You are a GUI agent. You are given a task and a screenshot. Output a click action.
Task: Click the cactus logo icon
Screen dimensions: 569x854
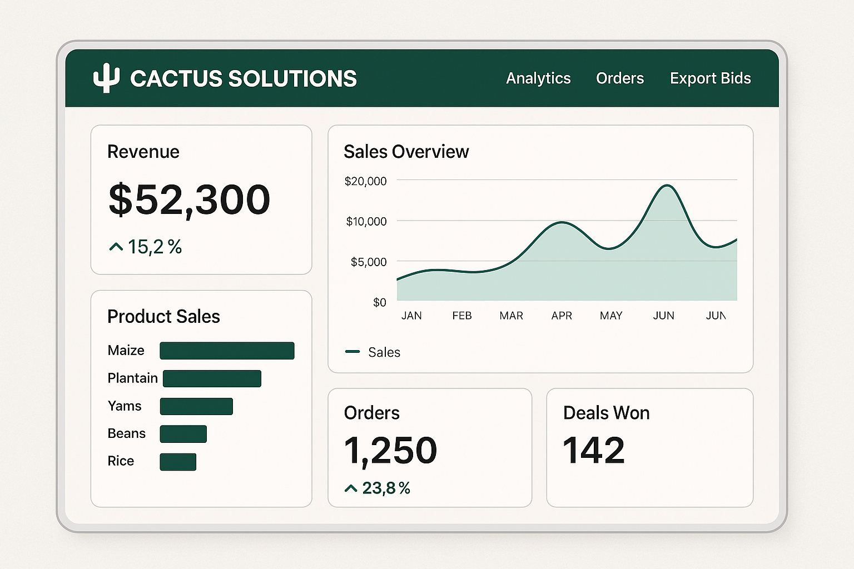click(106, 78)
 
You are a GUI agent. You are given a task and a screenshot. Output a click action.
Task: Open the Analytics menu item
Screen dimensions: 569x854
click(538, 78)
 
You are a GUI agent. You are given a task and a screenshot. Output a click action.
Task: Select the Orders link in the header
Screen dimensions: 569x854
click(619, 78)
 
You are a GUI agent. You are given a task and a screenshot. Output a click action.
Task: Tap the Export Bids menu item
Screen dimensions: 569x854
click(710, 78)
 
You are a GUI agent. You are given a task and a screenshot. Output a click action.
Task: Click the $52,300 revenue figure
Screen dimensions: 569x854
click(189, 199)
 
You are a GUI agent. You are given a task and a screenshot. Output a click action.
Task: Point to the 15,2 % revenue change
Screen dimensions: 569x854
click(146, 247)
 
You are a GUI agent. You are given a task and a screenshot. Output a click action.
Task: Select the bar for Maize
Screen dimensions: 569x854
click(227, 351)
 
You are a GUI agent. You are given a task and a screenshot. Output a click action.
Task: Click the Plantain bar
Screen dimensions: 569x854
click(212, 378)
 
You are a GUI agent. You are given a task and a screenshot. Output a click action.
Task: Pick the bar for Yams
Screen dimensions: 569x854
click(196, 406)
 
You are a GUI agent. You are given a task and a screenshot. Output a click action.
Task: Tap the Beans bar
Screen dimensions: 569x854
click(183, 434)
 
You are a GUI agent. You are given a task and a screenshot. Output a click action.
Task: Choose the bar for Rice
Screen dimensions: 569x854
click(178, 462)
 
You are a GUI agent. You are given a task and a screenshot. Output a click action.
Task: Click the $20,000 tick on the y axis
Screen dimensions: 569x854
click(365, 181)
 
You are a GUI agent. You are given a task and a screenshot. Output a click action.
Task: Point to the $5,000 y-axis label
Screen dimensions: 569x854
click(368, 262)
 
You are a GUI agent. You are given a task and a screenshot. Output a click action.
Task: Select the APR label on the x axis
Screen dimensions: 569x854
click(562, 316)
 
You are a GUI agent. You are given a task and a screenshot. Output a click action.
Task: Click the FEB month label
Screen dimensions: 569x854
click(461, 316)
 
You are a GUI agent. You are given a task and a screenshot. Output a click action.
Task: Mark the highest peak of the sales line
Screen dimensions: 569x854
click(667, 186)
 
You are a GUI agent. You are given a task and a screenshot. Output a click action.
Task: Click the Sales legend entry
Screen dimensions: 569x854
click(373, 352)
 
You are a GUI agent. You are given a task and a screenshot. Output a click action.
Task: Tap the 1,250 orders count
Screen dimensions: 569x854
click(390, 450)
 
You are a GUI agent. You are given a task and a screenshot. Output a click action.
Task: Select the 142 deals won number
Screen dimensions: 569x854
click(594, 450)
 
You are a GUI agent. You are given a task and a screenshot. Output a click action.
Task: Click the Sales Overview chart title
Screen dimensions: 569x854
click(406, 152)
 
